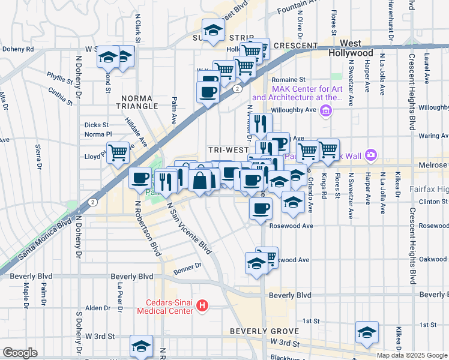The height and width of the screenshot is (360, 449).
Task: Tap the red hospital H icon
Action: click(x=202, y=306)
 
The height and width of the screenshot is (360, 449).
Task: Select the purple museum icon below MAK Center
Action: click(x=326, y=110)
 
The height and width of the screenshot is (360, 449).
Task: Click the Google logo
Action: click(x=20, y=353)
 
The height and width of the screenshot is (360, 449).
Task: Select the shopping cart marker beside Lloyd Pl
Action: click(x=118, y=152)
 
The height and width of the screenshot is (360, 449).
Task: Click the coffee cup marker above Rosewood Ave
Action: click(x=261, y=209)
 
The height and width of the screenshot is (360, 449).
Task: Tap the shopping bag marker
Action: click(x=199, y=179)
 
